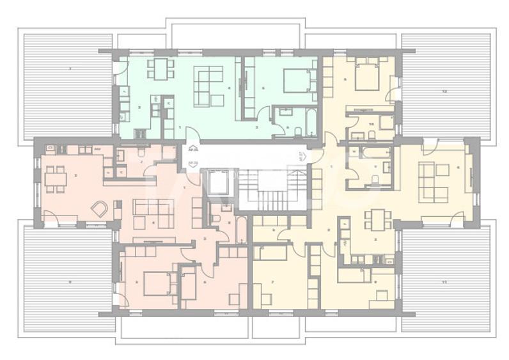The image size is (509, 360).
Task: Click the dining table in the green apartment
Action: pyautogui.click(x=160, y=68)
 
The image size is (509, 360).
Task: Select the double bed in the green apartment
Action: pyautogui.click(x=295, y=81)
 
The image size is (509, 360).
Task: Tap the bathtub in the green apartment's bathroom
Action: pyautogui.click(x=310, y=121)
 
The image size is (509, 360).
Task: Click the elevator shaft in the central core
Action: pyautogui.click(x=219, y=182)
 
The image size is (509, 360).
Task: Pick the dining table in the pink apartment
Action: pyautogui.click(x=56, y=178)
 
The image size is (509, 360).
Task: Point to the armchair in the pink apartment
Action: pyautogui.click(x=100, y=208)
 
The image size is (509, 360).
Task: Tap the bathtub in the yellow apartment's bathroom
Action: pyautogui.click(x=375, y=153)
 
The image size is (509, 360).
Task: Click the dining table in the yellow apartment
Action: pyautogui.click(x=377, y=219)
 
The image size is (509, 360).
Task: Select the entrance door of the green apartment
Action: pyautogui.click(x=192, y=135)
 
